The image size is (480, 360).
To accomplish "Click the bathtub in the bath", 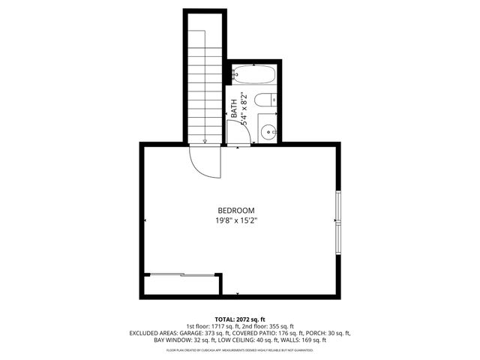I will pos(253,75).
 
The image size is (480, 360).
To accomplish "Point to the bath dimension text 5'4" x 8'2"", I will pos(243,106).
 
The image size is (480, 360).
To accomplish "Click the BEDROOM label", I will pos(236,210).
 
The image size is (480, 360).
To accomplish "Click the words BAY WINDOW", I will pos(170,340).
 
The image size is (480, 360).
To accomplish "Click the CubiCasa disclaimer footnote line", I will pos(239,350).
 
